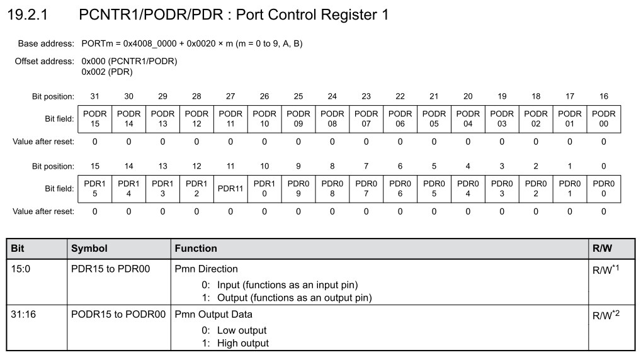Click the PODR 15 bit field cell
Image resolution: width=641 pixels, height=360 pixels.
[95, 119]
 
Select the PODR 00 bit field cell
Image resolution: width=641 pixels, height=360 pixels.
[604, 119]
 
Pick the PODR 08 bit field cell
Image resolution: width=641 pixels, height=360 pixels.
[332, 119]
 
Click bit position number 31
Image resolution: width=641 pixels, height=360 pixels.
[95, 96]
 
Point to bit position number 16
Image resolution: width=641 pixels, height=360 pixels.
[604, 96]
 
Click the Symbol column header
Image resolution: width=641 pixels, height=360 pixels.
[89, 249]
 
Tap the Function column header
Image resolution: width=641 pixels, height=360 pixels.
[196, 249]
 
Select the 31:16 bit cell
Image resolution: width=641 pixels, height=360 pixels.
[23, 314]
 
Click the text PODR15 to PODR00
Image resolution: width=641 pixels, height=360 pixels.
[118, 314]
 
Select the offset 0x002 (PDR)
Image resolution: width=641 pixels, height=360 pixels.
[107, 72]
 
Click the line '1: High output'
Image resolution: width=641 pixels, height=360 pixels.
[235, 343]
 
